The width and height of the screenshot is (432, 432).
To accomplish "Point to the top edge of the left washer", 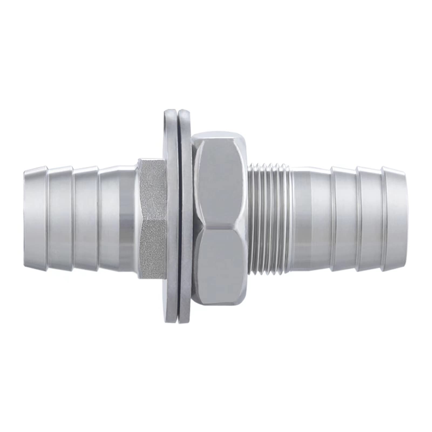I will click(x=170, y=112).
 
